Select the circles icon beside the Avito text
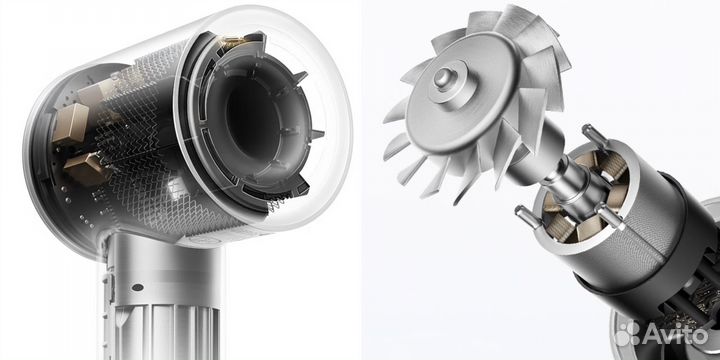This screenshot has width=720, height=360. pos(629,333)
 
